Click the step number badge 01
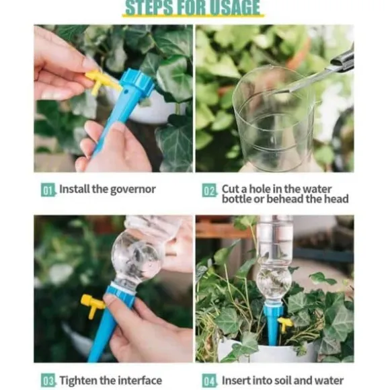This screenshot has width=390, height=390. tap(48, 190)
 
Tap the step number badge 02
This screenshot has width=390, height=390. tap(209, 190)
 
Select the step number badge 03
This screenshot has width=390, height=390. tap(48, 381)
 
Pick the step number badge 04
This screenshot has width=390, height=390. tap(209, 381)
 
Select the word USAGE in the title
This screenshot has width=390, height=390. tap(234, 8)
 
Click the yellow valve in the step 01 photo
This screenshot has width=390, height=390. tap(101, 81)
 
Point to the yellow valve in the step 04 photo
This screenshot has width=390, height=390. tap(285, 323)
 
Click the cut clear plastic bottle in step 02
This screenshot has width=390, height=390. tap(273, 120)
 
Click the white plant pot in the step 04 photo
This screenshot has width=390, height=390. tap(268, 351)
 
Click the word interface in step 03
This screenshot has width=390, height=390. tap(140, 381)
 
